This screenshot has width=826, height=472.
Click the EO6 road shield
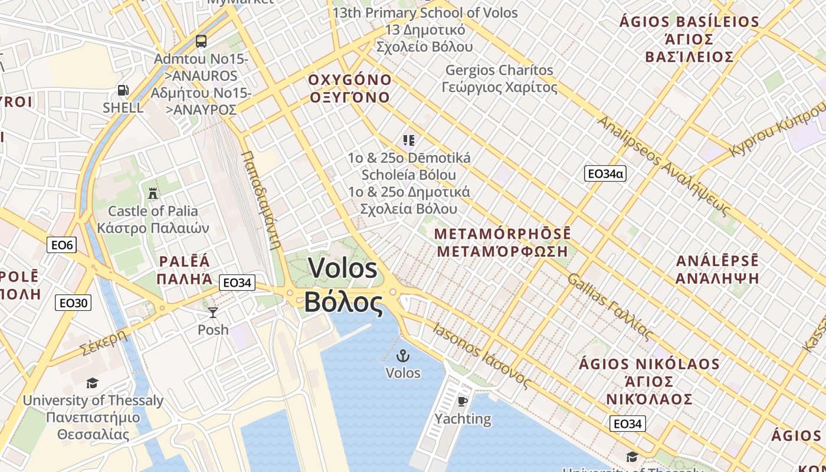62,244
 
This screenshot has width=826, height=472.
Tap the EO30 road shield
73,303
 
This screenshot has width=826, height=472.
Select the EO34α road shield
605,173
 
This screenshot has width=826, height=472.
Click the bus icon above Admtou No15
201,41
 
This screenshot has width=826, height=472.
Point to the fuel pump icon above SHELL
123,90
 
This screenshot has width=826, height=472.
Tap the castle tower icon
153,193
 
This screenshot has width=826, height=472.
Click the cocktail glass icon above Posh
212,312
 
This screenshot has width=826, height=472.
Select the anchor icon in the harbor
403,355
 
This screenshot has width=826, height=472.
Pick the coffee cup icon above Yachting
463,402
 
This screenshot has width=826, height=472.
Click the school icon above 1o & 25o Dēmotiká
409,140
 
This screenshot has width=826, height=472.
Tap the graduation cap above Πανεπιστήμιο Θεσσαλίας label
92,383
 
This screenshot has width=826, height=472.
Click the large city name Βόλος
343,302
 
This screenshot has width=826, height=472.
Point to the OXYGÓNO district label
350,80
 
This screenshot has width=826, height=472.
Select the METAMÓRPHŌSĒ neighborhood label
502,234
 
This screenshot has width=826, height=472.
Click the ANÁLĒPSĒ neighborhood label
717,261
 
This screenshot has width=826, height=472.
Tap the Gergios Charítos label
499,70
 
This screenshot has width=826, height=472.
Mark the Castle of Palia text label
153,211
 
